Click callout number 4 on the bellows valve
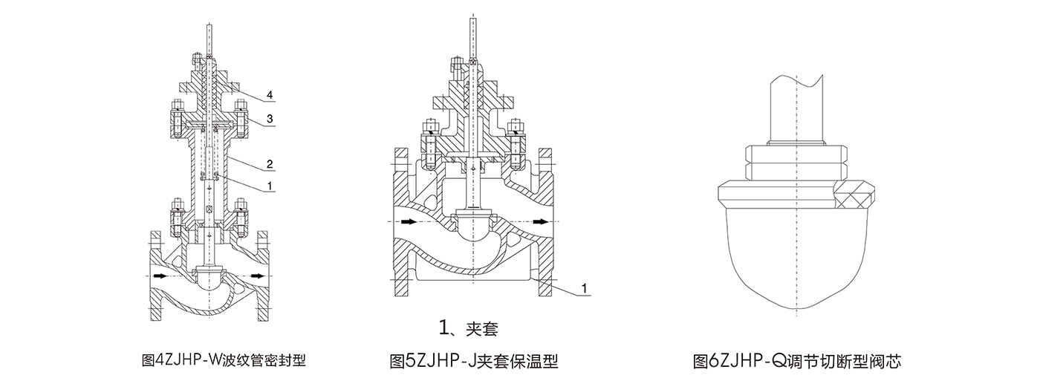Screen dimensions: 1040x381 [x=270, y=95]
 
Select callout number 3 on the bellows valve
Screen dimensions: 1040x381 [x=270, y=119]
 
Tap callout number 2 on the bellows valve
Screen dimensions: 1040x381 [x=270, y=164]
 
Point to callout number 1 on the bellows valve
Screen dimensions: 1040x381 [x=270, y=186]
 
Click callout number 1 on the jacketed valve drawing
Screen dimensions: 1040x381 [x=585, y=288]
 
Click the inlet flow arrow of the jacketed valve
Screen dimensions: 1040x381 [x=408, y=222]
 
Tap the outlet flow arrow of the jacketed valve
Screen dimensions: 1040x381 [x=540, y=222]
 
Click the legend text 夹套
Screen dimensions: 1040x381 [x=481, y=329]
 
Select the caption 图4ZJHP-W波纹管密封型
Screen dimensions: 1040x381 [x=224, y=360]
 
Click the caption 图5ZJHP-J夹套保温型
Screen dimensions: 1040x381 [x=474, y=361]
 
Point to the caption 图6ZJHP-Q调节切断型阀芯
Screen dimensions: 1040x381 [x=796, y=361]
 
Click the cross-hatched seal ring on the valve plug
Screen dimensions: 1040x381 [x=854, y=195]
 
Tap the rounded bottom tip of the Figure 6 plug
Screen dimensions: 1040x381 [x=796, y=310]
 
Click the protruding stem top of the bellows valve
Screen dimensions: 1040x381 [x=209, y=40]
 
